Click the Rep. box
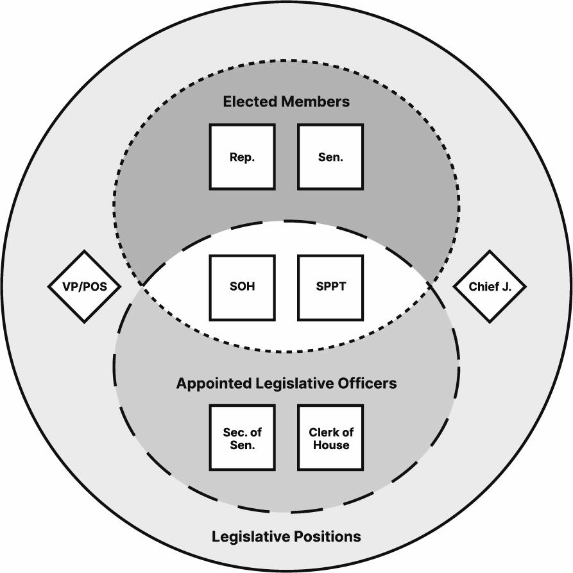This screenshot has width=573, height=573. pos(242,157)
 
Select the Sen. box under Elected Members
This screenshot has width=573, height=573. pos(330,157)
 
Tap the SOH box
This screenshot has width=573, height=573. pos(242,287)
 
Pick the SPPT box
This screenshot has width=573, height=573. pos(330,287)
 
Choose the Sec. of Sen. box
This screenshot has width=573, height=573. pos(242,437)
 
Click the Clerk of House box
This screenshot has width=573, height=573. pos(330,437)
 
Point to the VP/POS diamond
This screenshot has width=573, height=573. pos(85,287)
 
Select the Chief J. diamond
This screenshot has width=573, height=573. pos(490,287)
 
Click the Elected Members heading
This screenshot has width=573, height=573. pos(286,101)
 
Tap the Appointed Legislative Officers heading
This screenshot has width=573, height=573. pos(286,383)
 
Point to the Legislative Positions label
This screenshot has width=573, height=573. pos(286,536)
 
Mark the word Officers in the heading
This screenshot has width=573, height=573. pos(366,383)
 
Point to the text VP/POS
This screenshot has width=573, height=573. pos(85,287)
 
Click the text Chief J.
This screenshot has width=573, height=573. pos(490,287)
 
